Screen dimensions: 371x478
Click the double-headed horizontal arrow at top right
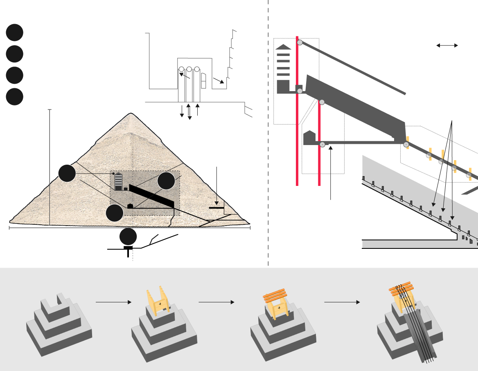click(x=447, y=46)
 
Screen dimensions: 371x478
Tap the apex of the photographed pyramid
click(x=131, y=114)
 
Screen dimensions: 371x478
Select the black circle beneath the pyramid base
click(x=128, y=237)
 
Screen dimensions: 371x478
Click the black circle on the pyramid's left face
click(x=67, y=173)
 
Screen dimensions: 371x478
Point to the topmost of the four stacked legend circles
click(x=14, y=33)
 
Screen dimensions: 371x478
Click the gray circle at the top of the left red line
click(x=300, y=42)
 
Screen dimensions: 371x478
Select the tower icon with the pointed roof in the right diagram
click(x=283, y=69)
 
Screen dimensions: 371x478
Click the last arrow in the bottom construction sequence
click(x=342, y=302)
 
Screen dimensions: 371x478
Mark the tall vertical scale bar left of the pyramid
click(x=50, y=168)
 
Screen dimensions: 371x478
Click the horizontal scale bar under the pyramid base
click(x=129, y=228)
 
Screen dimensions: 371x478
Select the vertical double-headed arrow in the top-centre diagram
click(x=189, y=112)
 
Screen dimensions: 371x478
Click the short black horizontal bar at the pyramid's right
click(x=216, y=208)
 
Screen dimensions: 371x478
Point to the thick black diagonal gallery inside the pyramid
click(x=153, y=196)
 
